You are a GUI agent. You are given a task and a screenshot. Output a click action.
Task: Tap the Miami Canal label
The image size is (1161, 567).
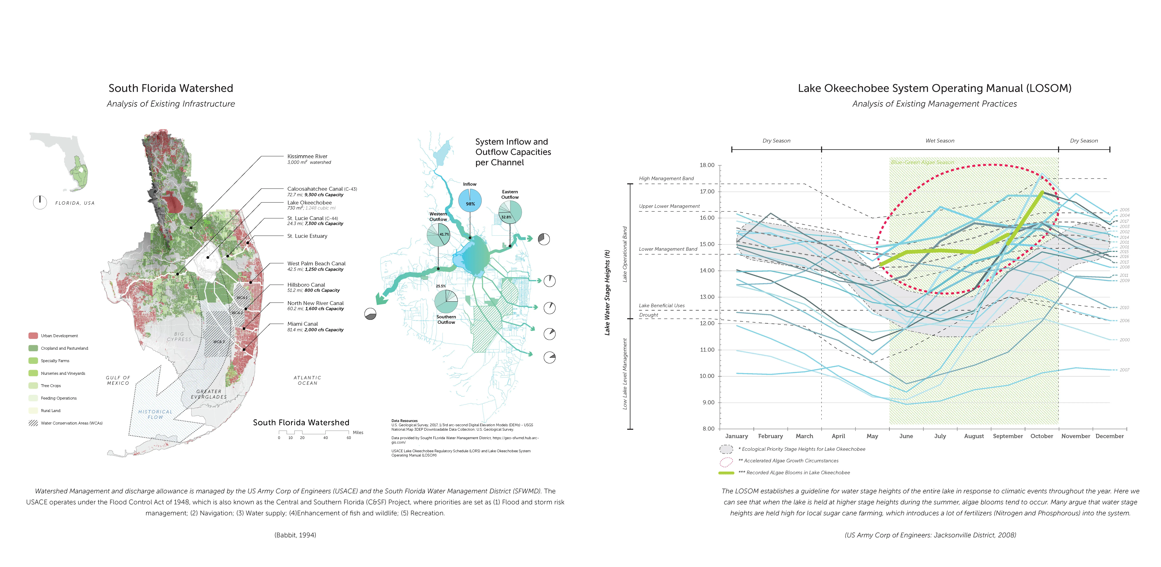pos(302,324)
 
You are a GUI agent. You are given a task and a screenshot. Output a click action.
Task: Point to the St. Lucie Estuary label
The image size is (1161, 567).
pos(307,236)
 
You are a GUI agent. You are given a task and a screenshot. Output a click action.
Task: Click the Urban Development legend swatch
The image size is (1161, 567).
pos(33,336)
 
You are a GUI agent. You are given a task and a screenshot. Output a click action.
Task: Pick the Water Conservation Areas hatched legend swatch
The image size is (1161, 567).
pos(33,423)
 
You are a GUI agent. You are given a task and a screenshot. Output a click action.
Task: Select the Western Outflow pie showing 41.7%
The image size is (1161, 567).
pos(438,235)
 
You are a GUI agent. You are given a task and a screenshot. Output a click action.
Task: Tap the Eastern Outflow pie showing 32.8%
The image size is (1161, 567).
pos(510,212)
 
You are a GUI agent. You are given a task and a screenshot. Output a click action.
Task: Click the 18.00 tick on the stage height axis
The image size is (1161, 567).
pos(707,165)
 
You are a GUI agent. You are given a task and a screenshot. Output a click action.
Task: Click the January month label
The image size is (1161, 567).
pos(736,436)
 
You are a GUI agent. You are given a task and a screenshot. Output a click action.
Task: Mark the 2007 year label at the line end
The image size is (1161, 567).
pos(1124,370)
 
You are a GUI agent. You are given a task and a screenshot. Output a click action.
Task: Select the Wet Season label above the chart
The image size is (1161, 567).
pos(940,141)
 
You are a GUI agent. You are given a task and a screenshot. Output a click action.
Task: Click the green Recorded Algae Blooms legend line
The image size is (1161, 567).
pos(726,473)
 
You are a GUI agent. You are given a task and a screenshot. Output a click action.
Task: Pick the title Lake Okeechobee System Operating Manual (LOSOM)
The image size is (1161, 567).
pos(934,88)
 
